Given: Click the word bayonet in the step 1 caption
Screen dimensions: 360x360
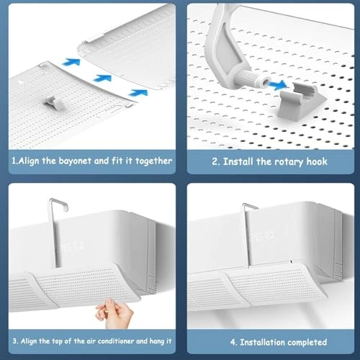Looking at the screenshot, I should click(x=75, y=161).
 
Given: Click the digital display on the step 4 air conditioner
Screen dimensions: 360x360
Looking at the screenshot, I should click(x=257, y=235).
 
